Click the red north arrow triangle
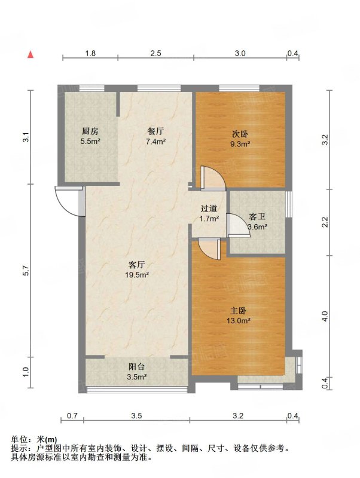(30, 54)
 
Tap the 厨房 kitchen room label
(90, 131)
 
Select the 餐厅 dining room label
(155, 131)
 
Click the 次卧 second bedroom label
(240, 134)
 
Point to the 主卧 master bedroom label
(238, 311)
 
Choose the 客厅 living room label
(137, 265)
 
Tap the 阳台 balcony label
(137, 367)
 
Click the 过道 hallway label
(209, 209)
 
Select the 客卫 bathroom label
(257, 217)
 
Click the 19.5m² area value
(137, 275)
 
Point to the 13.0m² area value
(238, 320)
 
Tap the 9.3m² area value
(240, 144)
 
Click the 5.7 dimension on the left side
(26, 271)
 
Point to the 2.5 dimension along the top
(155, 53)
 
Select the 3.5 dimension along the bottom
(136, 415)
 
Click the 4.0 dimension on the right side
(325, 316)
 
